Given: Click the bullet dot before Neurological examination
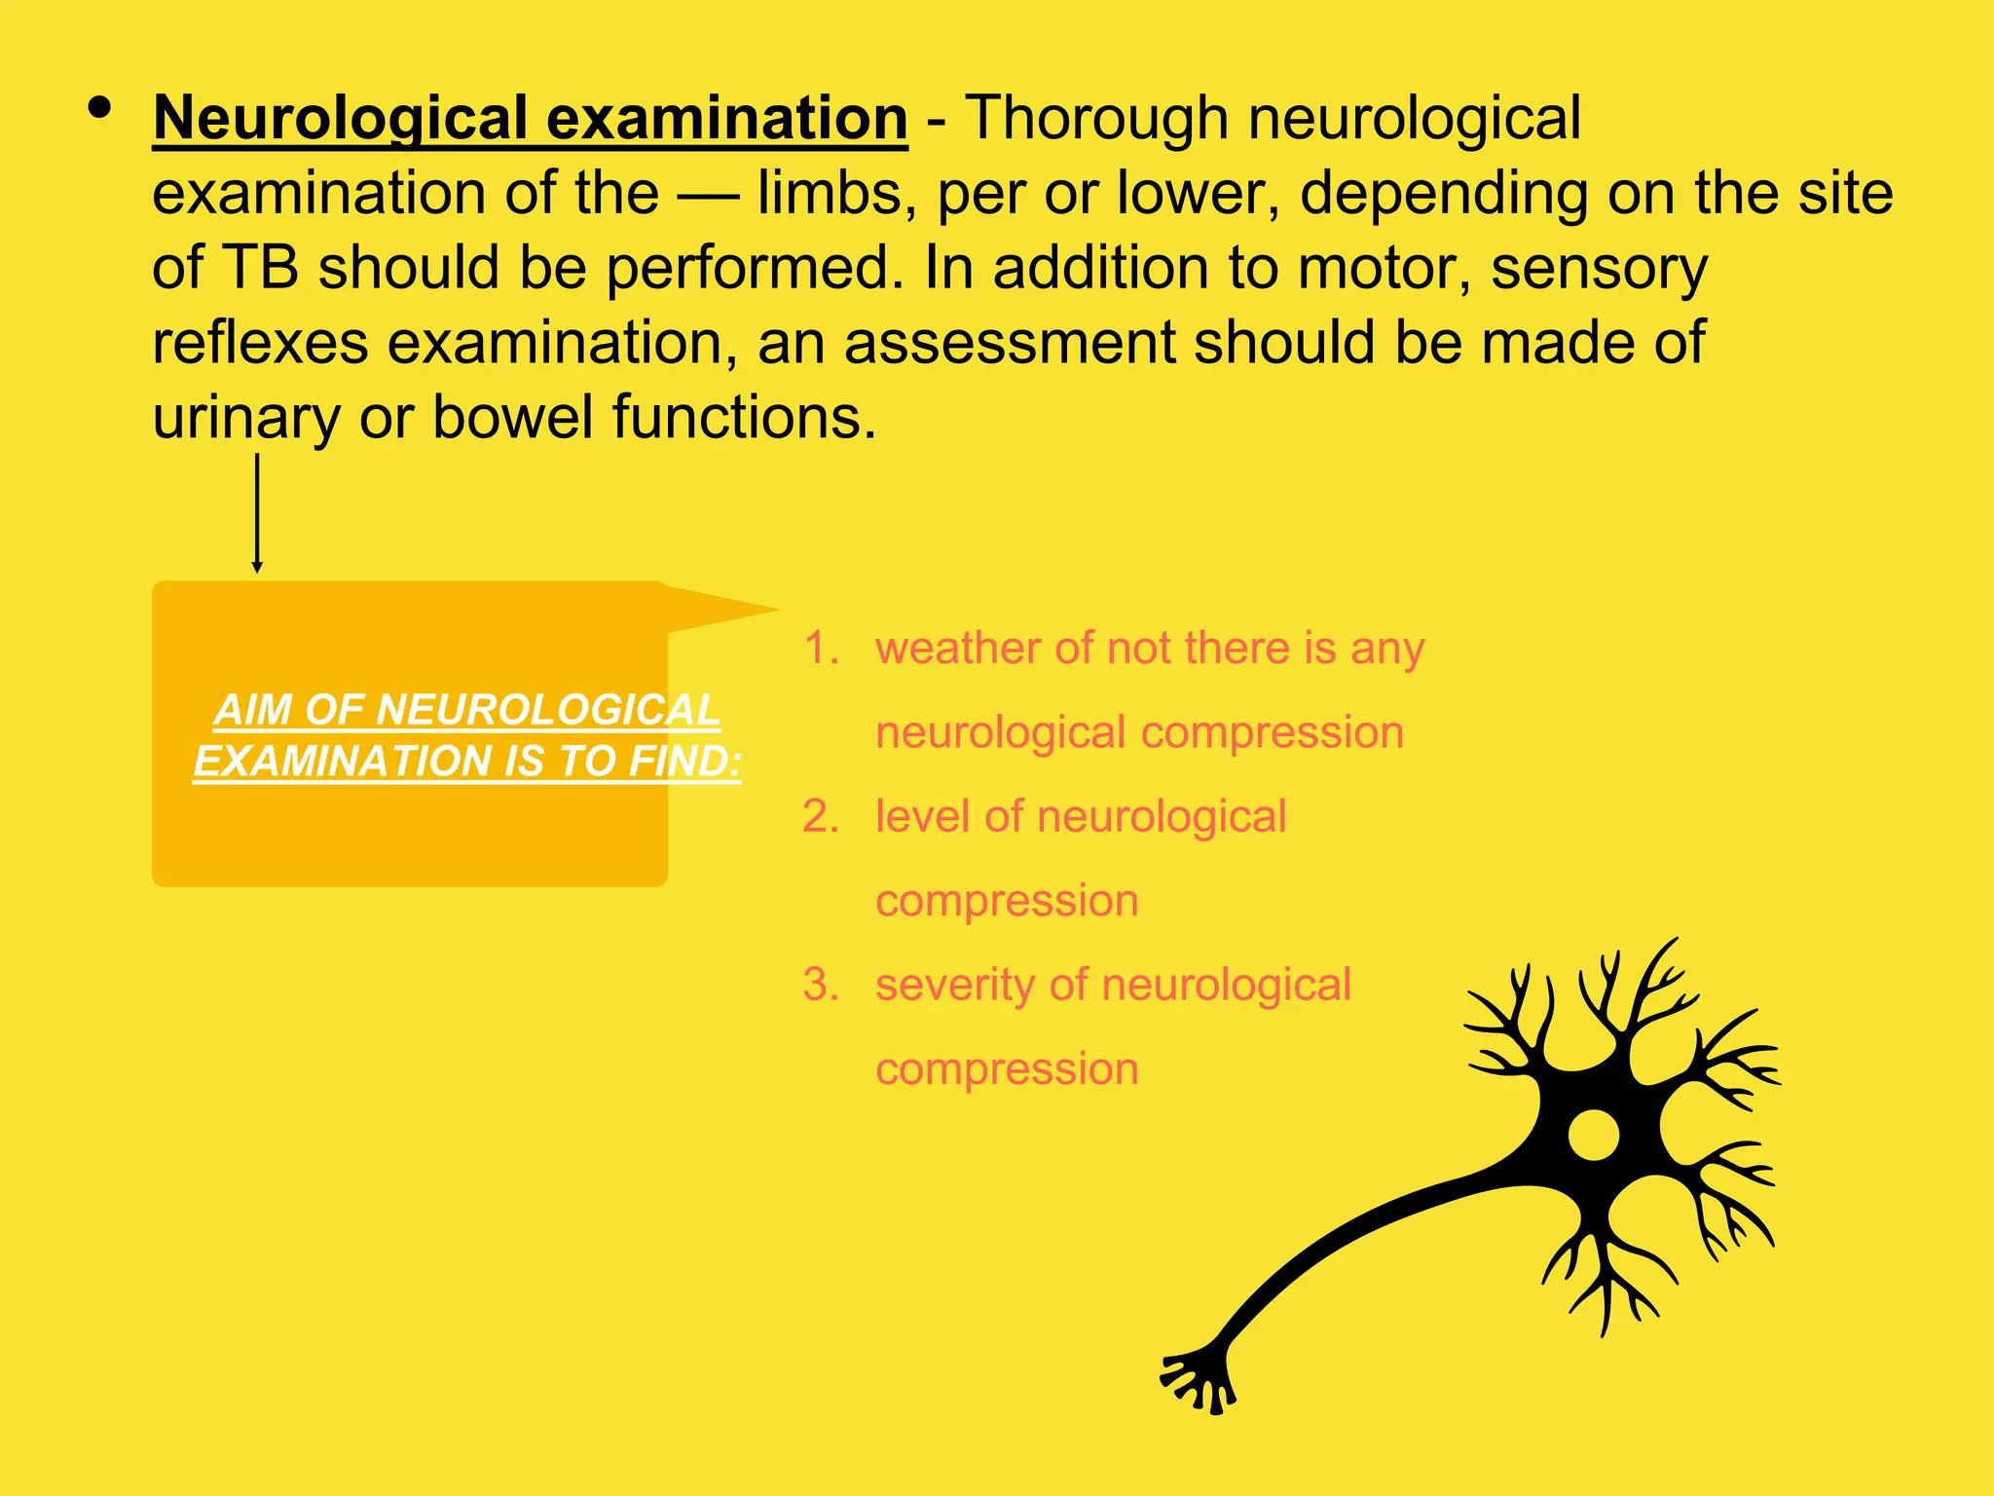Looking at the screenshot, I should [x=98, y=107].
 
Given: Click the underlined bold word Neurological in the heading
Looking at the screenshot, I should [x=341, y=119].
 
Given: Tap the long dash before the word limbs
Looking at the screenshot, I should [x=709, y=194].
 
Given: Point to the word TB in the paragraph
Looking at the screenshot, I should [x=260, y=268].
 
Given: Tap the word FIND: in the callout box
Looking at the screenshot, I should [x=684, y=761].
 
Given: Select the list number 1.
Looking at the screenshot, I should [x=820, y=649].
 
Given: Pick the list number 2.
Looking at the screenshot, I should [x=820, y=816].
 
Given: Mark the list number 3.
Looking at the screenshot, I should [x=820, y=985].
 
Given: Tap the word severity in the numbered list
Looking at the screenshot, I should [x=951, y=985].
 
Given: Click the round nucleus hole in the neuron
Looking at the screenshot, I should [x=1593, y=1135].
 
